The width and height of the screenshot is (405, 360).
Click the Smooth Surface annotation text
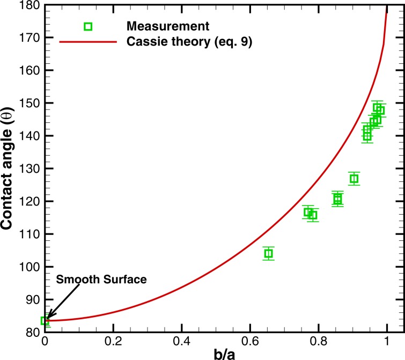(101, 280)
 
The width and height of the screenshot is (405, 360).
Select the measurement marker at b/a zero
(45, 321)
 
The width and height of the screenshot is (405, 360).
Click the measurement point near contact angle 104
(269, 253)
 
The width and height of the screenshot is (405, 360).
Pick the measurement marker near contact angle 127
(354, 179)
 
